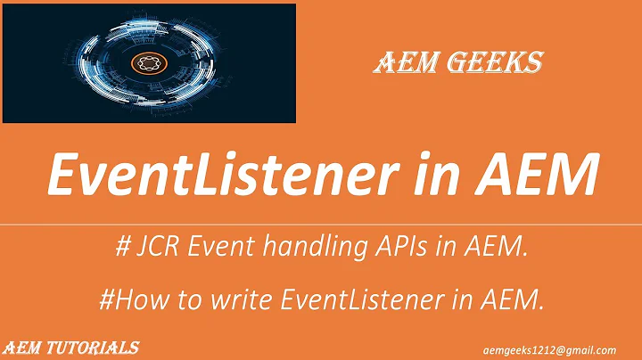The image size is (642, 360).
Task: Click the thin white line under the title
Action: (321, 225)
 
